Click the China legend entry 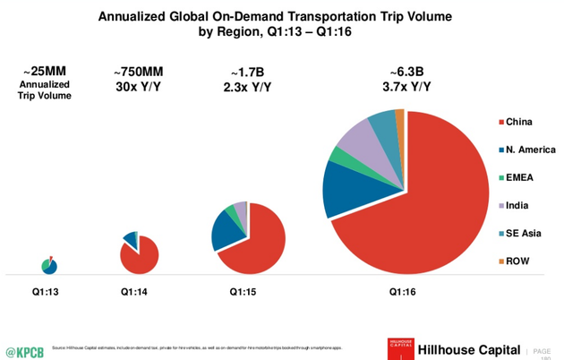tap(523, 121)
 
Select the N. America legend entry tap(530, 150)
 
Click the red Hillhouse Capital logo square tap(401, 348)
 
